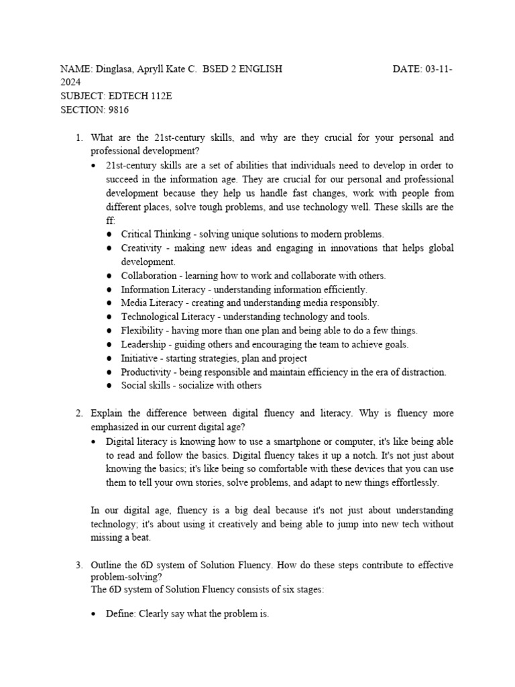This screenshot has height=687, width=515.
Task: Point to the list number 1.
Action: (x=78, y=138)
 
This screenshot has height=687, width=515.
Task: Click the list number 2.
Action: (x=78, y=413)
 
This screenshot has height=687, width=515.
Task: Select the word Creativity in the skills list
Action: (x=141, y=248)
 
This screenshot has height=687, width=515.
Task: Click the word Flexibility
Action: (x=142, y=331)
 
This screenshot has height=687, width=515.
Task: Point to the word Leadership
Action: (x=143, y=345)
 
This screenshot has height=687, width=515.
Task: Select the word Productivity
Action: (x=145, y=372)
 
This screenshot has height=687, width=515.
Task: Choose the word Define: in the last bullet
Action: (x=121, y=614)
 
